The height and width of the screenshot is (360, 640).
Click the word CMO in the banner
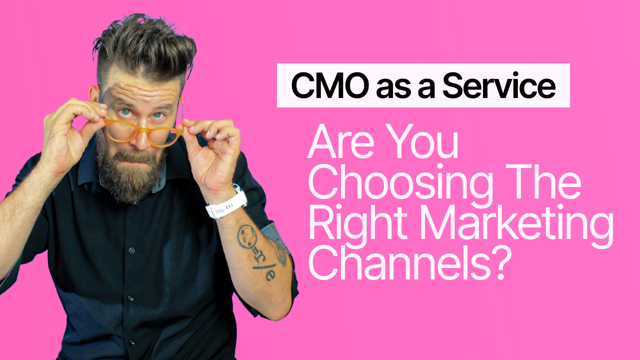click(330, 85)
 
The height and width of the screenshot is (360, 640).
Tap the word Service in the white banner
click(499, 85)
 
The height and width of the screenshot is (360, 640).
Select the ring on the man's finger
click(227, 136)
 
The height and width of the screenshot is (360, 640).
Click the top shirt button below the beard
click(131, 250)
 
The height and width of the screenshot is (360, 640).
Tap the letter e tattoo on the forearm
click(270, 274)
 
